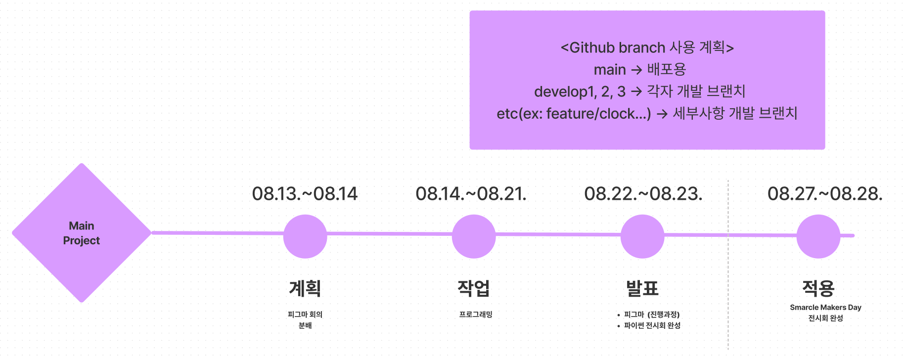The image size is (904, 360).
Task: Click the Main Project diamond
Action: point(82,233)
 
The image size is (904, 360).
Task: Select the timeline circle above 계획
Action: point(305,236)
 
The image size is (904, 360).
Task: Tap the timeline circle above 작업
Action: point(474,236)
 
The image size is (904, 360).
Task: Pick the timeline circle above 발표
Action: point(642,236)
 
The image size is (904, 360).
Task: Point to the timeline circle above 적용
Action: point(818,236)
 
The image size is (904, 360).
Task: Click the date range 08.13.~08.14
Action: point(305,194)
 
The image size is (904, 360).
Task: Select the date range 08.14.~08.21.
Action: point(471,194)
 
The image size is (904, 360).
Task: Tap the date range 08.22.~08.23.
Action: point(643,194)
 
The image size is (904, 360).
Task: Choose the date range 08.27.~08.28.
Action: point(825,194)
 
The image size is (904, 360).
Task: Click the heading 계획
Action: point(305,288)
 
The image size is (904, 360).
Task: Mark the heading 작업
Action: point(474,288)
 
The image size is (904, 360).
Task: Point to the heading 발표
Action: point(642,288)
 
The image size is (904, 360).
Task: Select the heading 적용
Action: point(818,288)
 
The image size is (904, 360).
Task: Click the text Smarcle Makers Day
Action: point(825,308)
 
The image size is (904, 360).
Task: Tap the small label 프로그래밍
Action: point(476,315)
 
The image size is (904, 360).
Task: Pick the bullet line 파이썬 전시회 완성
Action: point(652,325)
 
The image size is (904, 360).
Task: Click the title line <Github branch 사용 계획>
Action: point(647,47)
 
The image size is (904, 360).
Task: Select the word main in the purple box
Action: point(610,70)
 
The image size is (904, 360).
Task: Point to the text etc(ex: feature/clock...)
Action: point(574,114)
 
